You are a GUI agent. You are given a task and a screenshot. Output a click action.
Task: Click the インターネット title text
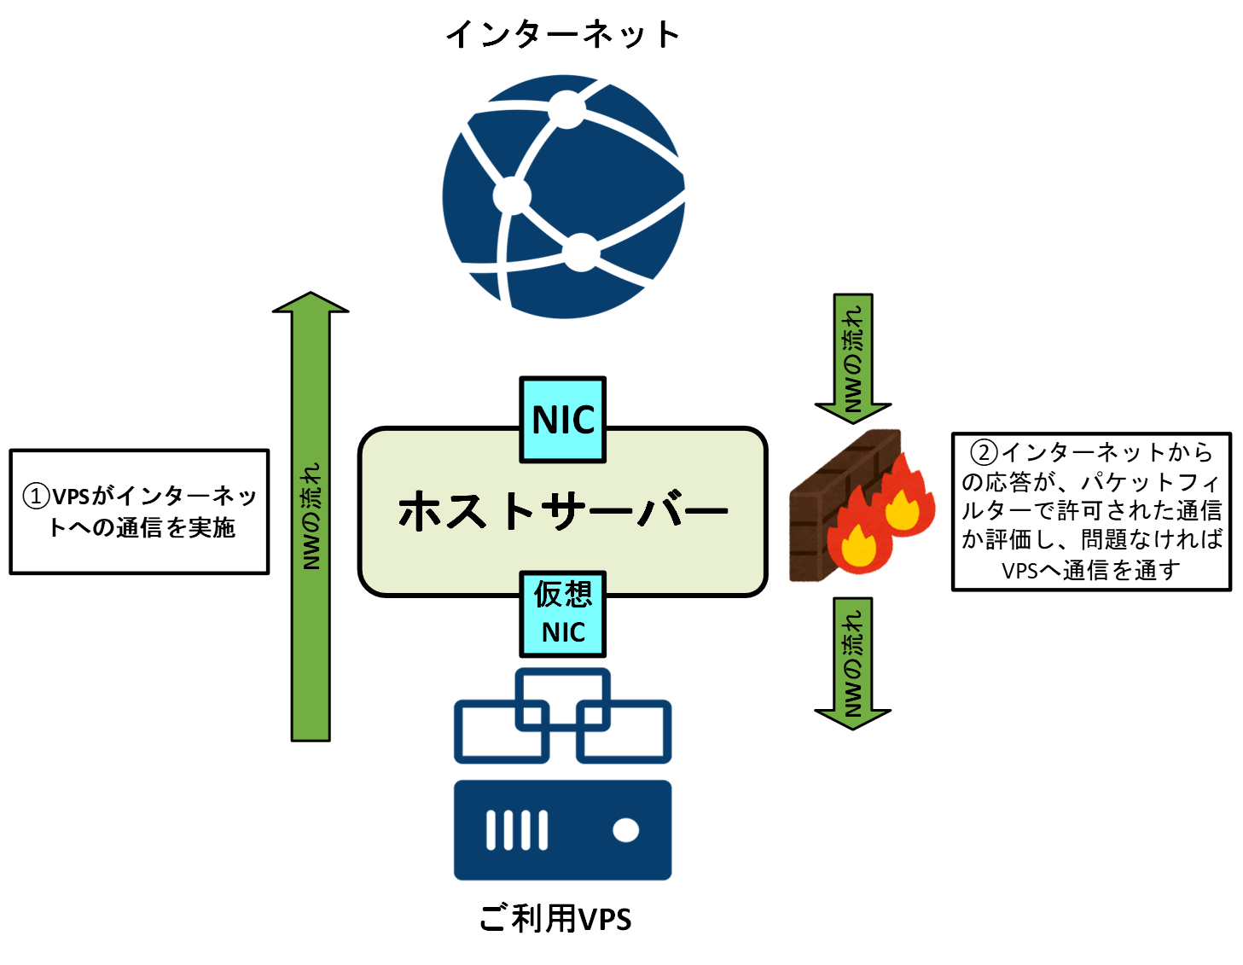563,35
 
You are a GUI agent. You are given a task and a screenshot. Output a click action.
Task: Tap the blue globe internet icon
563,196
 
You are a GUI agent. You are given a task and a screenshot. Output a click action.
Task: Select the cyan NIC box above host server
563,420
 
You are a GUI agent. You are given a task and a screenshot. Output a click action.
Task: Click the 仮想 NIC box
563,613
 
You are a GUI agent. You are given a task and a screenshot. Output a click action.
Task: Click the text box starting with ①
139,512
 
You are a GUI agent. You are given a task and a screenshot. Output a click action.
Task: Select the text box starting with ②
1091,511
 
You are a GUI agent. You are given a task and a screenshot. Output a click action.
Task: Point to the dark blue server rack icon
563,829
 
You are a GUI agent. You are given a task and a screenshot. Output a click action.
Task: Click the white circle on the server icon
626,830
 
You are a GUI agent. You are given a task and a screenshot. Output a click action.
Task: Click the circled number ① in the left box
36,497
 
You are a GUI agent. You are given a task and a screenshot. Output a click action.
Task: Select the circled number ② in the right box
985,452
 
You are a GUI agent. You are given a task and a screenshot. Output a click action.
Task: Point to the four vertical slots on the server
517,830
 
